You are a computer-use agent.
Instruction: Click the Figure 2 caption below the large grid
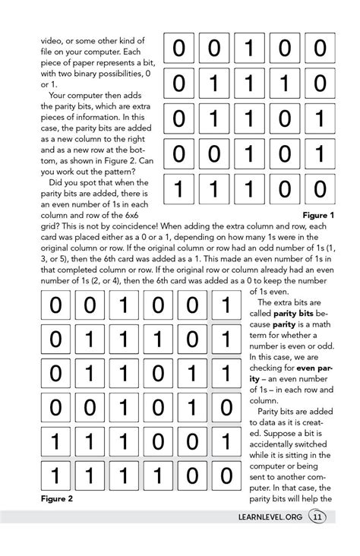coord(56,499)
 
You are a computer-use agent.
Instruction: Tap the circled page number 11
coord(317,517)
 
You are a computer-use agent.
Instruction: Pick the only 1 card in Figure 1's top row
coord(249,49)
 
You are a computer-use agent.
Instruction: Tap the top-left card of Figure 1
coord(178,49)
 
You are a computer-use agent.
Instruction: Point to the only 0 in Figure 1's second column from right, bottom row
coord(284,188)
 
